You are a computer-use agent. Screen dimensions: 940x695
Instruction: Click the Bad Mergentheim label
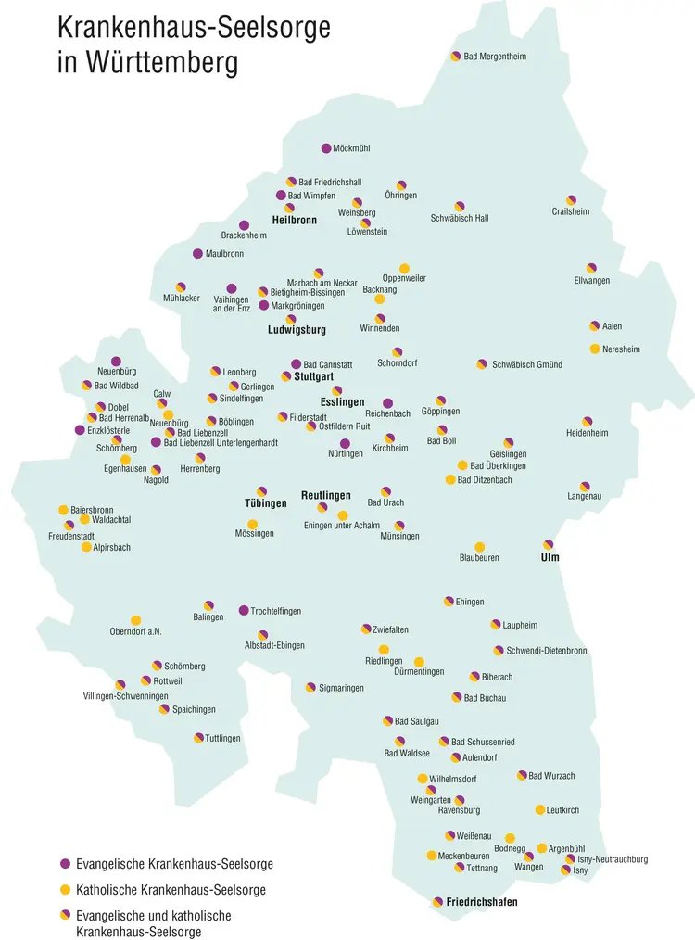click(495, 57)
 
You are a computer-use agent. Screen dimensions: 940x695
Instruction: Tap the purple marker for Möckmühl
click(326, 148)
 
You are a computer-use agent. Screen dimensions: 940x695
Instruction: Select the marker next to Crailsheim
click(572, 200)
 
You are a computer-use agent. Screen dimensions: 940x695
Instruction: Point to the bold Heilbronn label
click(295, 221)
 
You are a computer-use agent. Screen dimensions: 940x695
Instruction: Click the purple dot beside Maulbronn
click(197, 254)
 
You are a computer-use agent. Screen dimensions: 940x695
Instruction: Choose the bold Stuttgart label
click(313, 377)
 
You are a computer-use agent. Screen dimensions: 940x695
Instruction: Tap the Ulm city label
click(550, 558)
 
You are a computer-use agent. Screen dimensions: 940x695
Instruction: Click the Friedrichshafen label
click(481, 902)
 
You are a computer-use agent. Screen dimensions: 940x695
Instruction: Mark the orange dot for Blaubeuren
click(480, 547)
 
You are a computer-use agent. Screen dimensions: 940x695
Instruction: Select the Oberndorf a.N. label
click(135, 632)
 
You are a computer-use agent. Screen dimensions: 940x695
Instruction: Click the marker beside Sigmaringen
click(310, 688)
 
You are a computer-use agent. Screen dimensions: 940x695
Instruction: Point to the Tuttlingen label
click(223, 738)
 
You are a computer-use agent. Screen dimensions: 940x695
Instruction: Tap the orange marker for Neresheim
click(595, 349)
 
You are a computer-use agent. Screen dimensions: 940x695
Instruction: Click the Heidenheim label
click(587, 433)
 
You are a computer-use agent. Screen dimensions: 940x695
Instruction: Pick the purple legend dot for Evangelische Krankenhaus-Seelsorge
click(65, 864)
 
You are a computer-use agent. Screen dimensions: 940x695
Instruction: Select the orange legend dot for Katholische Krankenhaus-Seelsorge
click(65, 890)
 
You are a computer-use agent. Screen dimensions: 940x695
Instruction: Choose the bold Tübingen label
click(266, 503)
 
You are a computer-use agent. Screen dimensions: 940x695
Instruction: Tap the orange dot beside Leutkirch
click(540, 810)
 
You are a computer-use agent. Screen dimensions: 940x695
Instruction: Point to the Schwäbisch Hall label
click(460, 219)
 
